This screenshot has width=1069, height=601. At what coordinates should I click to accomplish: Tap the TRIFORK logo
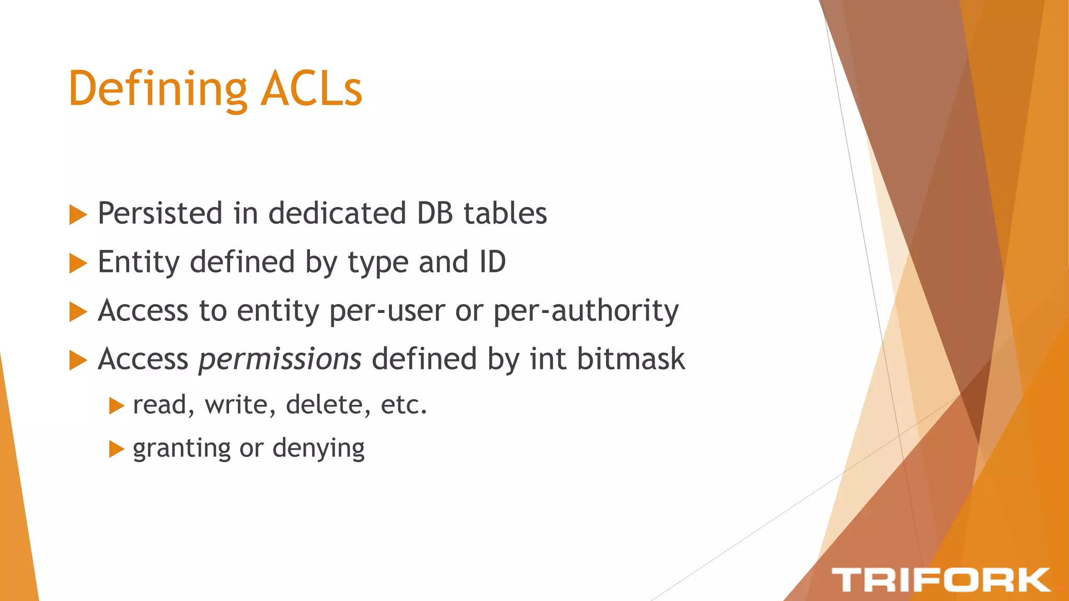(x=941, y=580)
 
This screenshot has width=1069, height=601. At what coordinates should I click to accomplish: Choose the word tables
(x=505, y=213)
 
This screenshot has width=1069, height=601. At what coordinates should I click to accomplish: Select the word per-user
(x=387, y=311)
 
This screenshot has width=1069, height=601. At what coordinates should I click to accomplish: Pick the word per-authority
(x=586, y=311)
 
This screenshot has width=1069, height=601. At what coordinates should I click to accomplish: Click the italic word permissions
(x=280, y=359)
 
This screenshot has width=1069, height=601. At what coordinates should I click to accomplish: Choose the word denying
(x=318, y=449)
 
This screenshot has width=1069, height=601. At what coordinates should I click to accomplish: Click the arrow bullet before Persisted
(x=78, y=214)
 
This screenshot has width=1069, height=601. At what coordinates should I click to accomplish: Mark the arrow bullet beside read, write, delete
(x=116, y=406)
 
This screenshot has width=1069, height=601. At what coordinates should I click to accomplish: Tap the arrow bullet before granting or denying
(x=116, y=449)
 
